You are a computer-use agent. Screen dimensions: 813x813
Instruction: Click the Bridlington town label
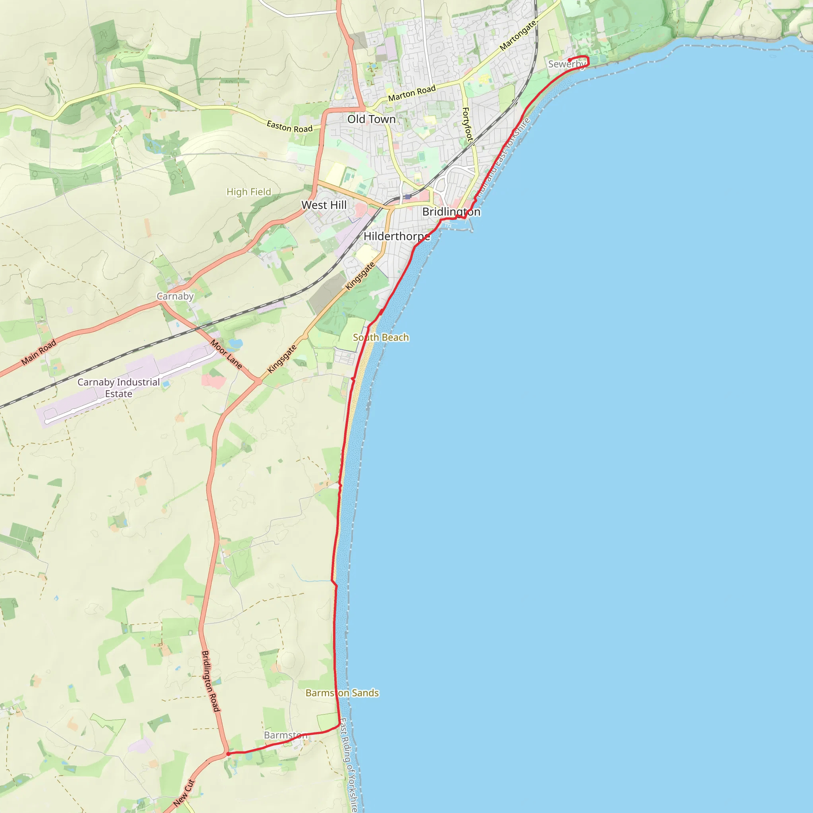pyautogui.click(x=451, y=212)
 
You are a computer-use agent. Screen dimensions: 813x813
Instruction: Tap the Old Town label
pyautogui.click(x=371, y=119)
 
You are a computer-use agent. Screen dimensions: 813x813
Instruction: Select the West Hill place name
pyautogui.click(x=324, y=205)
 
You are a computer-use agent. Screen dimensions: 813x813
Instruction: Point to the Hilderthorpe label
pyautogui.click(x=397, y=237)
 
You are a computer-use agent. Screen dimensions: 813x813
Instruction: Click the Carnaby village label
pyautogui.click(x=175, y=296)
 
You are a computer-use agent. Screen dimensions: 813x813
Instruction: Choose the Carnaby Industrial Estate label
pyautogui.click(x=119, y=387)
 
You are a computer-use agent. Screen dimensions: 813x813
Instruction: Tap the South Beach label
pyautogui.click(x=380, y=337)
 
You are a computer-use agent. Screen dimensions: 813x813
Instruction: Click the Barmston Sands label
pyautogui.click(x=342, y=693)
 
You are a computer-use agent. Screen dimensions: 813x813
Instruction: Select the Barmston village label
pyautogui.click(x=286, y=735)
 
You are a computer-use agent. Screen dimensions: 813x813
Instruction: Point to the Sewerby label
pyautogui.click(x=566, y=64)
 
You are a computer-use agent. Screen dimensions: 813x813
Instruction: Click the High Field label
pyautogui.click(x=249, y=192)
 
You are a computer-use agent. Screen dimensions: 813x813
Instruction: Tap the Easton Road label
pyautogui.click(x=289, y=126)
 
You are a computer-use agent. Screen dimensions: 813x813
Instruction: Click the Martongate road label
pyautogui.click(x=518, y=36)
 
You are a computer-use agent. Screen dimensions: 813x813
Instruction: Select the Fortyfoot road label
pyautogui.click(x=467, y=124)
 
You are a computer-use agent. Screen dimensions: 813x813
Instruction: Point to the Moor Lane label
pyautogui.click(x=226, y=354)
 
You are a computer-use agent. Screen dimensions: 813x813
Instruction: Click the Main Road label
pyautogui.click(x=39, y=352)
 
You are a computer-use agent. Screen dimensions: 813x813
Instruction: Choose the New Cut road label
pyautogui.click(x=184, y=793)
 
